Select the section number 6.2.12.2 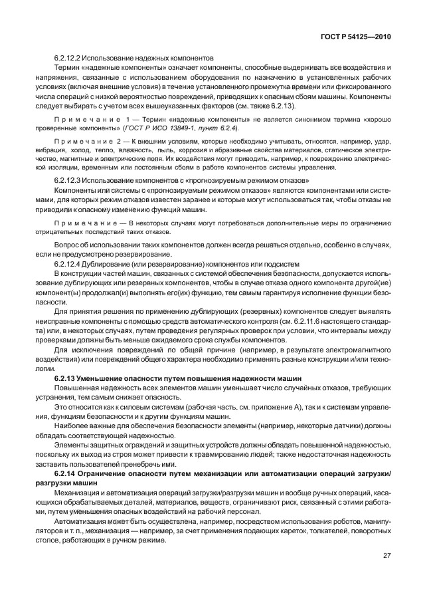(68, 59)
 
